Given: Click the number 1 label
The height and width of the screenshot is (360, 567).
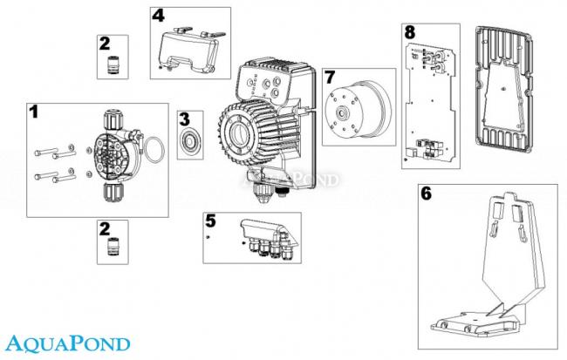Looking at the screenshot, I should pos(35,112).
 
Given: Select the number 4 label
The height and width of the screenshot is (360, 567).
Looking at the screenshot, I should pos(158,16).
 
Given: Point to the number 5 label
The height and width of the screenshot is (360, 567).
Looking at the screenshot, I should pos(210,220).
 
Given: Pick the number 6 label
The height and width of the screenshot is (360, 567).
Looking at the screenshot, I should pos(426,194).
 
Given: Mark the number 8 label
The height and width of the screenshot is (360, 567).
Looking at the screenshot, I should pos(409,31).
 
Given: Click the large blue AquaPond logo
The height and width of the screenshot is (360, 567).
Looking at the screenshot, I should pos(66,343).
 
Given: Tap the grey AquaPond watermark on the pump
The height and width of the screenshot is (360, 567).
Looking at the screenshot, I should pos(309,182).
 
